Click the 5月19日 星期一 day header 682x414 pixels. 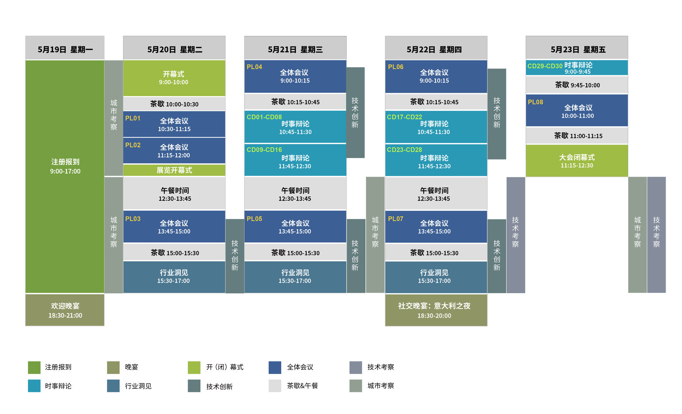(65, 49)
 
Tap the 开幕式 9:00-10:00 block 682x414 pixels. (174, 78)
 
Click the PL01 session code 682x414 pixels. (133, 118)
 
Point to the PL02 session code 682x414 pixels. (133, 145)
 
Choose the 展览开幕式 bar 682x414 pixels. (174, 170)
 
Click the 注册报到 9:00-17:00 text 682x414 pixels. (65, 166)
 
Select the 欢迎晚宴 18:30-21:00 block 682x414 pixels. (65, 310)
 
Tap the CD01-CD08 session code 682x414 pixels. (264, 117)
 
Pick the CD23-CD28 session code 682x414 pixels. (404, 150)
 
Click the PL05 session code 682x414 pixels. (254, 219)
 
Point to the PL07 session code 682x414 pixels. (395, 219)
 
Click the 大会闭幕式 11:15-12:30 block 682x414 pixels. (577, 161)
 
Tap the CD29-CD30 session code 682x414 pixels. (545, 66)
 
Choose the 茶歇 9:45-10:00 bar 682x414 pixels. (577, 85)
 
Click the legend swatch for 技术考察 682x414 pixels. (356, 367)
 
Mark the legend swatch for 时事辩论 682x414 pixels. (34, 386)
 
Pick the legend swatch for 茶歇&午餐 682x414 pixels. (275, 386)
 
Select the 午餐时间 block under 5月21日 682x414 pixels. (295, 194)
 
